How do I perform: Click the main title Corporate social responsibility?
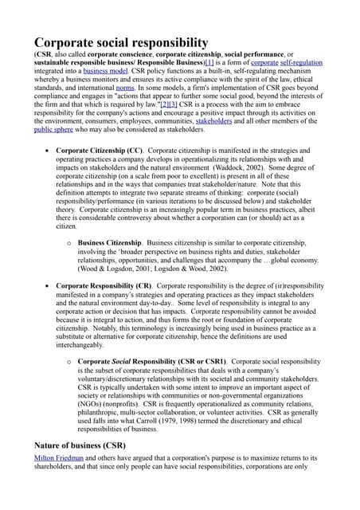120,43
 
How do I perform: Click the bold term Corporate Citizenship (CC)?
100,150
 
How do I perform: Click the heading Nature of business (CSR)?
79,445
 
